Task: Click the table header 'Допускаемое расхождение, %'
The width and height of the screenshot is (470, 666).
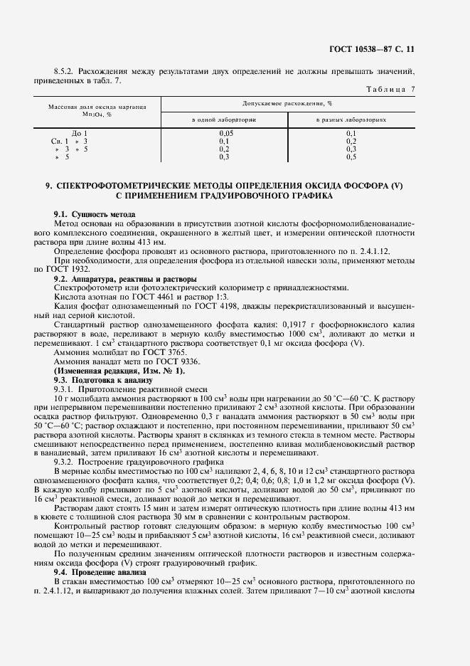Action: click(288, 104)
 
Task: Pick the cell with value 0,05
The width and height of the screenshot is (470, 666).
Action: click(226, 133)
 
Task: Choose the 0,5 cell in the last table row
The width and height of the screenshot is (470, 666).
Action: click(351, 157)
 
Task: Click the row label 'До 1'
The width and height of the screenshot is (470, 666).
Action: click(80, 133)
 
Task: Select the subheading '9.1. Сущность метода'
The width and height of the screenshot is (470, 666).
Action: click(95, 214)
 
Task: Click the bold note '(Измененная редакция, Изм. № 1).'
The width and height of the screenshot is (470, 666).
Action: click(119, 371)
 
